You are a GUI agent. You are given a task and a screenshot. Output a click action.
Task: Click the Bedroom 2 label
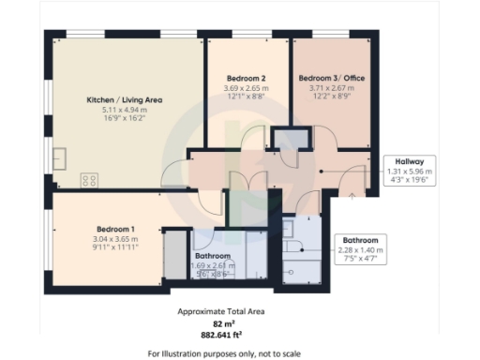pyautogui.click(x=243, y=78)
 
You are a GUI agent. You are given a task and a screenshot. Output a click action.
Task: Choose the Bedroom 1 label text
pyautogui.click(x=115, y=229)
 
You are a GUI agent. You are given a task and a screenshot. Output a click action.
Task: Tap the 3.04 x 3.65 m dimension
pyautogui.click(x=115, y=239)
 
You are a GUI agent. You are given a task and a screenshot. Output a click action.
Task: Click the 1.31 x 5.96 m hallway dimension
pyautogui.click(x=410, y=172)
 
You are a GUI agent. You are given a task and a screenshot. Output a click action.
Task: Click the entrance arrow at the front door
pyautogui.click(x=352, y=195)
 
